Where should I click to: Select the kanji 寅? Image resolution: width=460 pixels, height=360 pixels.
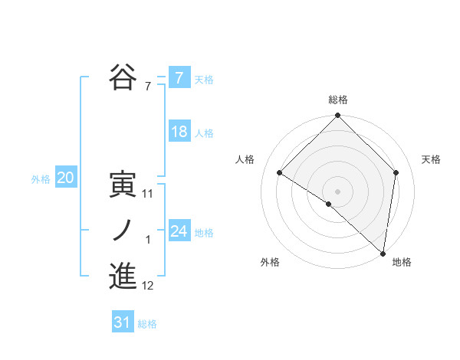(x=123, y=185)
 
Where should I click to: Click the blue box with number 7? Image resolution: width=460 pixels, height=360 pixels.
(x=179, y=77)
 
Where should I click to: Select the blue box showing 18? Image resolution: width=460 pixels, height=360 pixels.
(x=179, y=132)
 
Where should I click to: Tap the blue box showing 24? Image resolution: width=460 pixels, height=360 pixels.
(x=179, y=231)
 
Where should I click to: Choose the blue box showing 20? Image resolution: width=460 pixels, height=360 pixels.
(x=65, y=178)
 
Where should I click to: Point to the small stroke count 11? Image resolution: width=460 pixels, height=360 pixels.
(x=148, y=195)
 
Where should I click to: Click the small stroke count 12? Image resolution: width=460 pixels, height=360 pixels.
(x=148, y=286)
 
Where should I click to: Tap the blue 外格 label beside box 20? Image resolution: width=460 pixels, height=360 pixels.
(x=41, y=179)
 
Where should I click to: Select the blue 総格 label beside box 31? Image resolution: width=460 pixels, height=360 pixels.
(x=147, y=324)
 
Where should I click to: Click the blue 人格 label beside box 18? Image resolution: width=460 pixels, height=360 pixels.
(x=204, y=133)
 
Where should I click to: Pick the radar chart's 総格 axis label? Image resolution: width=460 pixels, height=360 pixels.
(x=338, y=100)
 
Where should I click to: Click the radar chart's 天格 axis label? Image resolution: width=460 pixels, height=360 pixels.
(x=432, y=159)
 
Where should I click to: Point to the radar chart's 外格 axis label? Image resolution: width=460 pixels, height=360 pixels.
(x=270, y=262)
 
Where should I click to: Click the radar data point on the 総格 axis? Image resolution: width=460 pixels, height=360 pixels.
(x=338, y=116)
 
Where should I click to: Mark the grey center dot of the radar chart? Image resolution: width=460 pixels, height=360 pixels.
(x=337, y=191)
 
